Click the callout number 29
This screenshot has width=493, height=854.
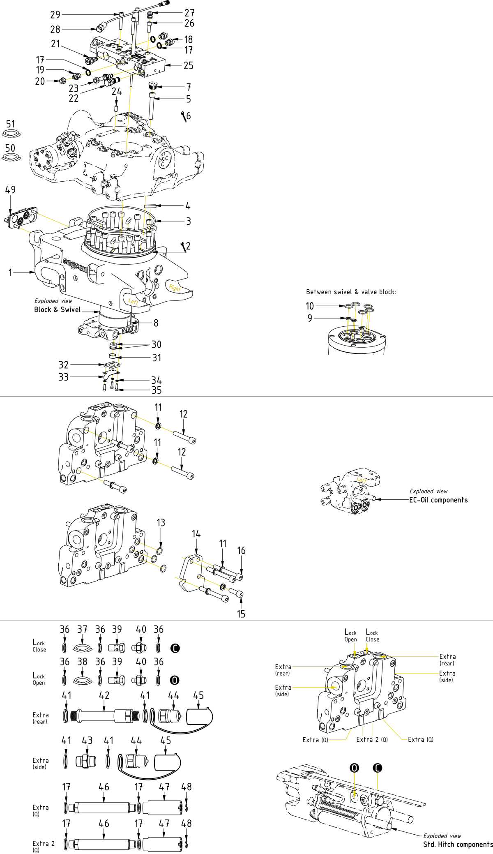click(x=55, y=15)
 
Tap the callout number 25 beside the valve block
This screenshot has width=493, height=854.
click(x=188, y=65)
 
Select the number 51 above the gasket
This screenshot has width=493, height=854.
click(x=10, y=124)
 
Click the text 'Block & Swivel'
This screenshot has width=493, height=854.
click(x=57, y=309)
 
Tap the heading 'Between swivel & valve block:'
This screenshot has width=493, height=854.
click(x=351, y=292)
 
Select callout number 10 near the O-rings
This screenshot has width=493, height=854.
click(x=309, y=306)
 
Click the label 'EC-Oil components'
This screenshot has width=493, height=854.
click(x=438, y=500)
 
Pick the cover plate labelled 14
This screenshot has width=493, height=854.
click(x=190, y=573)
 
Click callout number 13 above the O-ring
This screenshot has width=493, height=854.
click(x=161, y=522)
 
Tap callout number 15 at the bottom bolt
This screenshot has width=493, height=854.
click(x=241, y=614)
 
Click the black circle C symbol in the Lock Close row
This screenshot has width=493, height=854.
click(x=175, y=648)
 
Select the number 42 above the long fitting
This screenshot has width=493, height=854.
click(x=104, y=695)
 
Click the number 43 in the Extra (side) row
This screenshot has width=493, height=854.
click(x=87, y=740)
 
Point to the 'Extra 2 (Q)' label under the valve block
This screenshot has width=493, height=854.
click(x=372, y=739)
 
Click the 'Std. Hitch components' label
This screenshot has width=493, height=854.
click(x=458, y=844)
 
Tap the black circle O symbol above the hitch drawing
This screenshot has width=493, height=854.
click(x=354, y=768)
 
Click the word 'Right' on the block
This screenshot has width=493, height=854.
click(x=175, y=288)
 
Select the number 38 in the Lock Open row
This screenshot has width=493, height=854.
click(x=82, y=662)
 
